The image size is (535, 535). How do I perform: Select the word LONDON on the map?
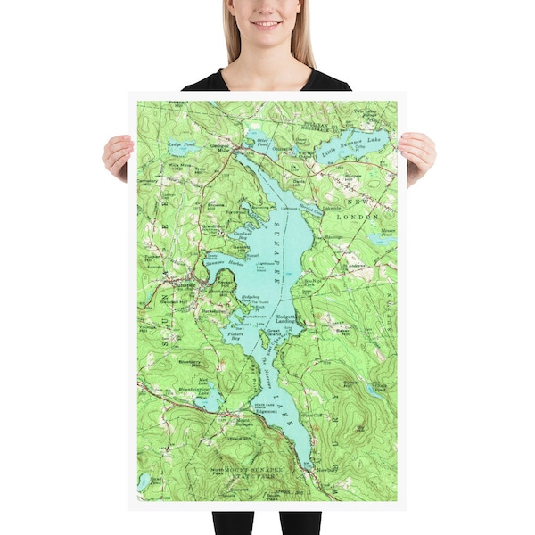361,217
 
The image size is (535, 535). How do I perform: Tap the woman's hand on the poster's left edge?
117,156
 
